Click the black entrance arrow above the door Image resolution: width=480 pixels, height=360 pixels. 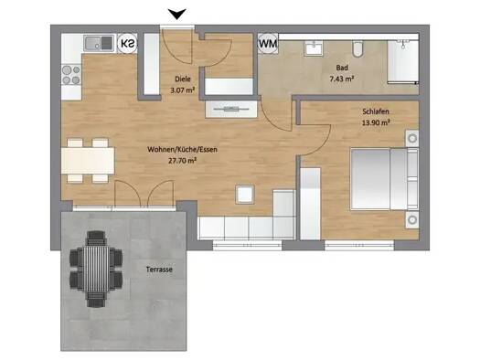pyautogui.click(x=177, y=14)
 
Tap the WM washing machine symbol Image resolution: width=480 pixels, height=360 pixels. pyautogui.click(x=268, y=43)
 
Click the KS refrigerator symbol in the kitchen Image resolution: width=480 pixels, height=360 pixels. pyautogui.click(x=127, y=43)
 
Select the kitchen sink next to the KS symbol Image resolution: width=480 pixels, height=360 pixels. pyautogui.click(x=99, y=43)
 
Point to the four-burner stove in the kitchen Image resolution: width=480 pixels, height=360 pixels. pyautogui.click(x=71, y=75)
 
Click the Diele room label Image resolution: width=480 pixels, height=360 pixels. pyautogui.click(x=183, y=79)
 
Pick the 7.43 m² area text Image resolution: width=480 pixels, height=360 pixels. pyautogui.click(x=342, y=79)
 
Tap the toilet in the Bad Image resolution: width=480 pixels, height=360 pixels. pyautogui.click(x=357, y=48)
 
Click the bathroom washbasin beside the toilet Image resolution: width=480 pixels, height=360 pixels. pyautogui.click(x=314, y=48)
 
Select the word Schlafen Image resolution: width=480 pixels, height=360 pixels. pyautogui.click(x=376, y=111)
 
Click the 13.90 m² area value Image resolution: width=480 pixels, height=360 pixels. pyautogui.click(x=376, y=122)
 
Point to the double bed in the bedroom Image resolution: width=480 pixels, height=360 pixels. pyautogui.click(x=385, y=179)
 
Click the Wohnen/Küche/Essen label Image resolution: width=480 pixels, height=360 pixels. pyautogui.click(x=183, y=150)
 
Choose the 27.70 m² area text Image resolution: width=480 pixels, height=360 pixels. pyautogui.click(x=183, y=161)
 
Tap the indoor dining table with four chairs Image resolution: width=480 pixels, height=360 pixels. pyautogui.click(x=88, y=161)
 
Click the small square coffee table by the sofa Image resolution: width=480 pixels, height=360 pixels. pyautogui.click(x=245, y=195)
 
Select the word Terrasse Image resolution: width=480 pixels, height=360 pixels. pyautogui.click(x=159, y=270)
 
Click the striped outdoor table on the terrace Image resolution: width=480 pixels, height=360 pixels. pyautogui.click(x=96, y=269)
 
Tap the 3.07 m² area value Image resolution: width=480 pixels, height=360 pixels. pyautogui.click(x=183, y=90)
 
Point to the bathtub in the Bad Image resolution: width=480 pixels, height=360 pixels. pyautogui.click(x=403, y=62)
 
